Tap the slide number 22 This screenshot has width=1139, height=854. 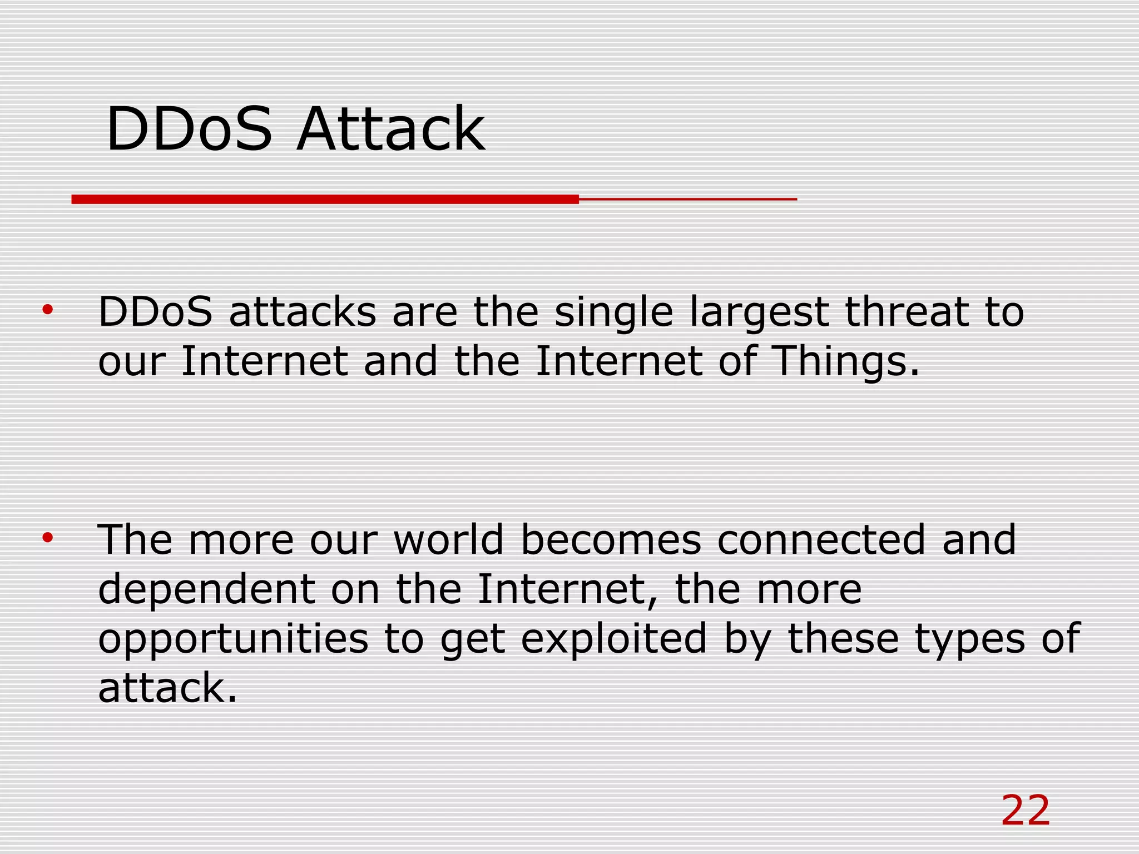(1025, 811)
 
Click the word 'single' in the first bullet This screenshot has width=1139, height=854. (613, 313)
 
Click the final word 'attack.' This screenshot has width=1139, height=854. (167, 688)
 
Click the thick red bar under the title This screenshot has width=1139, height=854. (325, 199)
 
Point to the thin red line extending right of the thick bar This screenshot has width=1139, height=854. (688, 198)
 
